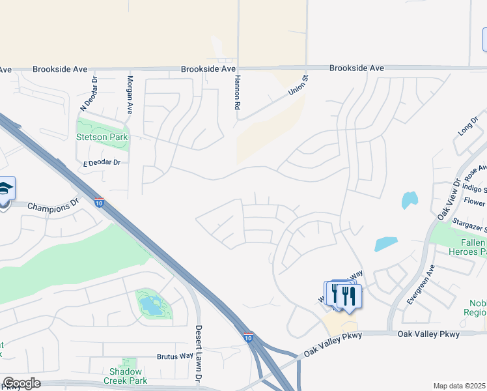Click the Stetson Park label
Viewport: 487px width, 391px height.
coord(102,138)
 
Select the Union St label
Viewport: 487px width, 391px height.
coord(298,86)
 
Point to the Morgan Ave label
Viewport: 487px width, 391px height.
coord(130,94)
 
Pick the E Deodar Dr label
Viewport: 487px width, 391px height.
coord(98,162)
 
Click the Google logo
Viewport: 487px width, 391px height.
coord(21,383)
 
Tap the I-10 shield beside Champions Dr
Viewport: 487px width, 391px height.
coord(99,202)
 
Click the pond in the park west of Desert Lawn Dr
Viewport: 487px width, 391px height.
coord(151,304)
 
